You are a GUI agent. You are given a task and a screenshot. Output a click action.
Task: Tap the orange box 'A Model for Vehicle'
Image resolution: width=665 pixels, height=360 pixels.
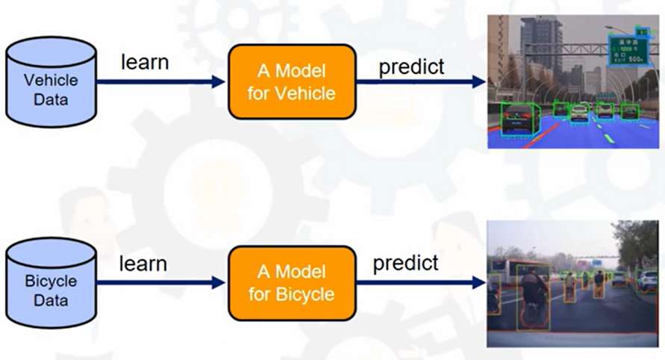(292, 82)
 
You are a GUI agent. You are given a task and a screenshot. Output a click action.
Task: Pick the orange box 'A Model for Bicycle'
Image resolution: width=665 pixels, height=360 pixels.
(291, 282)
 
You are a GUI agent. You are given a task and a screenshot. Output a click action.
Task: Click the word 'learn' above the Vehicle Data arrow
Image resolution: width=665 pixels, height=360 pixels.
(145, 62)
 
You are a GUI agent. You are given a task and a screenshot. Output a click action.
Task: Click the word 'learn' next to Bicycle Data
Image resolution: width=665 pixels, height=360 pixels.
(143, 263)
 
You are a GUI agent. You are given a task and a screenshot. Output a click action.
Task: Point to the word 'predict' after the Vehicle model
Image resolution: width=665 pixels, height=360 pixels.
(411, 66)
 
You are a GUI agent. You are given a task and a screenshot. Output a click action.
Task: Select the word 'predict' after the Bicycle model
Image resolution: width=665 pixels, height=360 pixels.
(405, 263)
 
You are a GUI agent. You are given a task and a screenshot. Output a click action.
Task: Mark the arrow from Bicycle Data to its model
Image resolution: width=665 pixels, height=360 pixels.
(160, 282)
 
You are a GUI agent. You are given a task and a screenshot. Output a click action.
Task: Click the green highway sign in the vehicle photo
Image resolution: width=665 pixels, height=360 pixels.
(626, 49)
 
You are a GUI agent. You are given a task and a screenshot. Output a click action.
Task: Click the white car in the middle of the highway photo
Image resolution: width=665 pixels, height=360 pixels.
(579, 113)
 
